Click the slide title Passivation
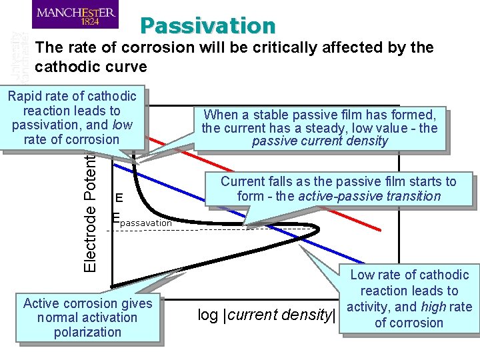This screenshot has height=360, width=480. [x=207, y=25]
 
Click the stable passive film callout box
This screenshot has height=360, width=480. [x=320, y=127]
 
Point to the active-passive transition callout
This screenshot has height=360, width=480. [x=339, y=189]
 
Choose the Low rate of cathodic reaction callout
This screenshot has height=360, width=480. [x=409, y=299]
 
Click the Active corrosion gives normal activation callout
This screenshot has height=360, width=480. [x=87, y=317]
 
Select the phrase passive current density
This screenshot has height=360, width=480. [x=320, y=141]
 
